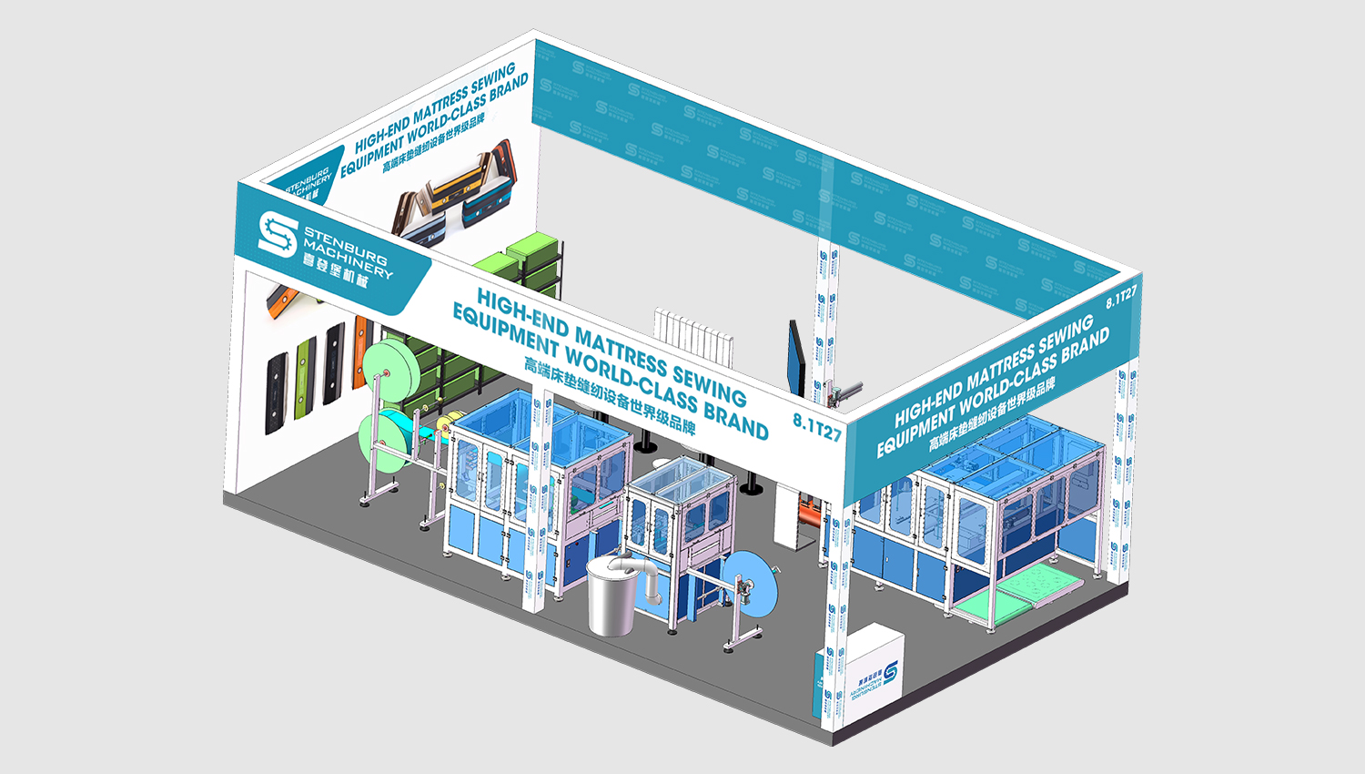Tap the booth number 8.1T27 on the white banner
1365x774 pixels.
pos(817,427)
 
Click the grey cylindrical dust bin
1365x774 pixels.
pos(610,598)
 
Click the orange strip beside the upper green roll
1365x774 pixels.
pos(361,341)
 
